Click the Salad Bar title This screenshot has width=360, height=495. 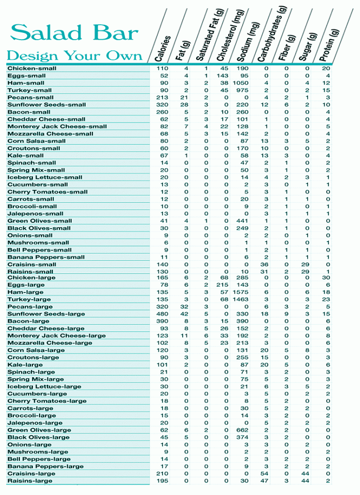pyautogui.click(x=74, y=33)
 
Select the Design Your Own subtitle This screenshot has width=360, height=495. pyautogui.click(x=74, y=56)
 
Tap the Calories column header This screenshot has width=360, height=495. pyautogui.click(x=162, y=48)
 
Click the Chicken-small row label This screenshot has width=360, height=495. pyautogui.click(x=32, y=68)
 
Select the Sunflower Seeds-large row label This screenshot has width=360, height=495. pyautogui.click(x=46, y=314)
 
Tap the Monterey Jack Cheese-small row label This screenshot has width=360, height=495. pyautogui.click(x=57, y=126)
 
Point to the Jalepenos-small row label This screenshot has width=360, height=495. pyautogui.click(x=35, y=213)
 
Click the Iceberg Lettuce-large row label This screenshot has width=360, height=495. pyautogui.click(x=44, y=386)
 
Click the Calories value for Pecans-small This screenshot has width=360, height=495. pyautogui.click(x=163, y=97)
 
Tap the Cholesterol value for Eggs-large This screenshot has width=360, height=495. pyautogui.click(x=222, y=285)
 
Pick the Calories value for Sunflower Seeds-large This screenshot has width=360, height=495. pyautogui.click(x=163, y=314)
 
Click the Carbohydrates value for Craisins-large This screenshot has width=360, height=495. pyautogui.click(x=264, y=474)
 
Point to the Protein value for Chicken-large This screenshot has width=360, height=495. pyautogui.click(x=326, y=277)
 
